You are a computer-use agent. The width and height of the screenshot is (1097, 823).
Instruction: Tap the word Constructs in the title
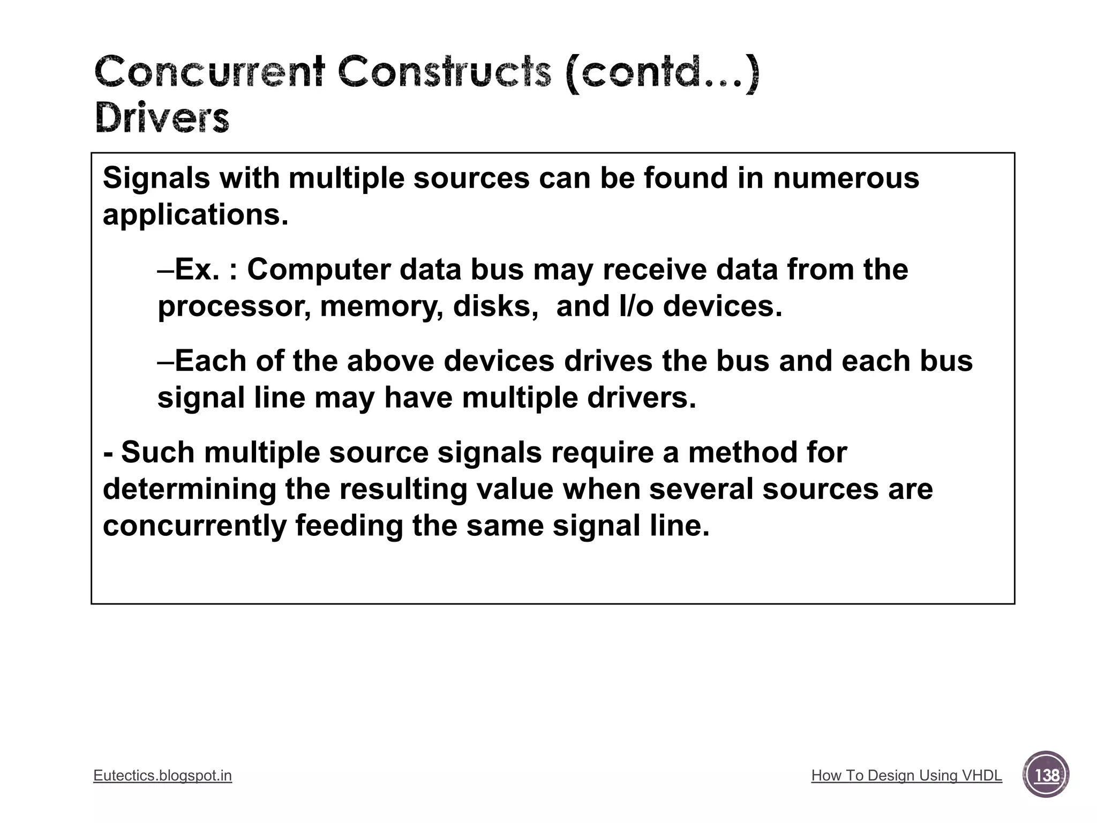tap(445, 72)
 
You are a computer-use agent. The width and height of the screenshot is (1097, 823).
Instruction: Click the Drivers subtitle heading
tap(162, 118)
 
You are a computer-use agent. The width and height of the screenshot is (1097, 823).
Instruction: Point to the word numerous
tap(846, 178)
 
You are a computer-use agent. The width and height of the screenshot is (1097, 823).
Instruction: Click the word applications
tap(196, 215)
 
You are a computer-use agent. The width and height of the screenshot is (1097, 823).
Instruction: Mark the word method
tap(767, 452)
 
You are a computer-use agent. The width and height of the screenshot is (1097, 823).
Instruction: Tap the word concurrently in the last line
tap(194, 526)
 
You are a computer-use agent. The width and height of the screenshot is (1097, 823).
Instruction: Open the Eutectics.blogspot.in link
tap(162, 775)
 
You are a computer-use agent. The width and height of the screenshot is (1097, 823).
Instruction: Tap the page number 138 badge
tap(1046, 775)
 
